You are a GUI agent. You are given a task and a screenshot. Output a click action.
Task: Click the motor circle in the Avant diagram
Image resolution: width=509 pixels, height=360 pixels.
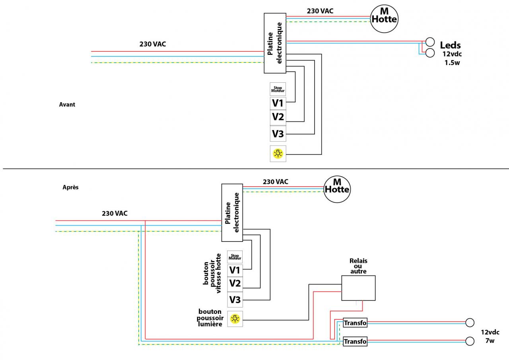(384, 18)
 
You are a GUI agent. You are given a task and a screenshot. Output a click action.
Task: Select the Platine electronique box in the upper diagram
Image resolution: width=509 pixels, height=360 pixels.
(275, 43)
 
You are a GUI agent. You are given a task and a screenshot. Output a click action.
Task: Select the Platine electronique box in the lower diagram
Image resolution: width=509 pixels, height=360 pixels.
(232, 212)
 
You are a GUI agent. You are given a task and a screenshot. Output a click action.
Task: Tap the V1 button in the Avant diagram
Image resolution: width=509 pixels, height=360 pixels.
(278, 103)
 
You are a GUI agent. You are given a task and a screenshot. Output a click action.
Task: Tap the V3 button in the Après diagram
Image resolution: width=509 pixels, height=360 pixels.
(235, 299)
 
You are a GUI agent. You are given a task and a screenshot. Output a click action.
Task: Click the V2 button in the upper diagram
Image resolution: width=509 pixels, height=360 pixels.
(278, 117)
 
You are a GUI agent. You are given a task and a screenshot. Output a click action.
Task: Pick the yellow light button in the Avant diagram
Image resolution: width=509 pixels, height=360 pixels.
(278, 154)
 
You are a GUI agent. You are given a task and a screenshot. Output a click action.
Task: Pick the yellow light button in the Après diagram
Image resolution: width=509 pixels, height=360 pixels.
(235, 319)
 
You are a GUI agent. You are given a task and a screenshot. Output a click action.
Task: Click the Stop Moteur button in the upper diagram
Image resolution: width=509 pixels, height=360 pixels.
(278, 89)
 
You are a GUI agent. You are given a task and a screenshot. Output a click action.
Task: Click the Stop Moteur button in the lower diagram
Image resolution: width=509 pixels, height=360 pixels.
(235, 257)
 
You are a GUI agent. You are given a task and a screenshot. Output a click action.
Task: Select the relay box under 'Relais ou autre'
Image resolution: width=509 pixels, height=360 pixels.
(358, 288)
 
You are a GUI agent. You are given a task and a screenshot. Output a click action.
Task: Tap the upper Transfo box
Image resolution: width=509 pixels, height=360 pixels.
(355, 323)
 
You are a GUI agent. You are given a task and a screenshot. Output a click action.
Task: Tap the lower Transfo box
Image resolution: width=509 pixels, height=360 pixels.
(355, 341)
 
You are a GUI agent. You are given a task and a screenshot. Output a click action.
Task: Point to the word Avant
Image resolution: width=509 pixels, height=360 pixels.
(67, 105)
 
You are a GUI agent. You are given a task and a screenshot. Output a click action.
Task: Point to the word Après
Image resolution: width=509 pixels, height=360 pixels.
(70, 187)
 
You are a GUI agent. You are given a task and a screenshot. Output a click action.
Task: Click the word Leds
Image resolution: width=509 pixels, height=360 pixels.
(450, 45)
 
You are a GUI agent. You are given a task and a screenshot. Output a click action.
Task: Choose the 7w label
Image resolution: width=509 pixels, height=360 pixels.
(490, 341)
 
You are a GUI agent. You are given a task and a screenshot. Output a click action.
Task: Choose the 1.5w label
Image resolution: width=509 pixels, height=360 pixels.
(452, 63)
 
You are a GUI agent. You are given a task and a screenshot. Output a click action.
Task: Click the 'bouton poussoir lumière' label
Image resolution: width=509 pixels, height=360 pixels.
(210, 318)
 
